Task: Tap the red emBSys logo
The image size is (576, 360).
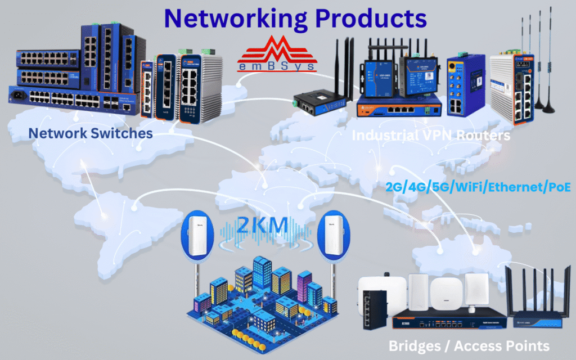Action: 276,54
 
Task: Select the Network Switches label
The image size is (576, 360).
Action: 91,133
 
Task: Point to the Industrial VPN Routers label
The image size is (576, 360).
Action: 430,136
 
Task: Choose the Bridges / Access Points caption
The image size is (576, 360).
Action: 469,345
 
